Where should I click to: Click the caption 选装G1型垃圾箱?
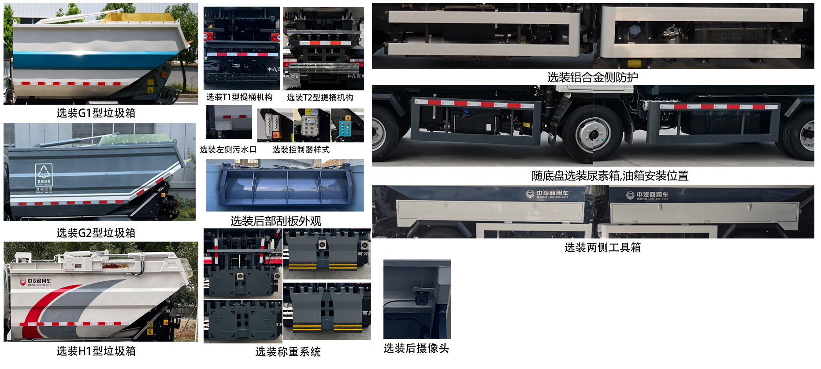pos(96,113)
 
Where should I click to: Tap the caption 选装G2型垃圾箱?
pos(96,233)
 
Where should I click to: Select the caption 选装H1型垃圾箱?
pos(96,351)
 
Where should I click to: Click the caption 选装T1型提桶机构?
pos(239,97)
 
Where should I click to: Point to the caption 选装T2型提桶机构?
pos(320,97)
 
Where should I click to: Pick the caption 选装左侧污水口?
pos(228,149)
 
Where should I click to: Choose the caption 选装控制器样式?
pos(301,149)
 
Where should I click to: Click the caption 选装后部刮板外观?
pos(276,221)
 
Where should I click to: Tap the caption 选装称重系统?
pos(288,352)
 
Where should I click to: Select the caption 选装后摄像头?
pos(416,348)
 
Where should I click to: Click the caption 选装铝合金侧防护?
pos(592,78)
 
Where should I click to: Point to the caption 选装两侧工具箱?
pos(602,248)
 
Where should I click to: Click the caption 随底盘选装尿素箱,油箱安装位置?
pos(610,176)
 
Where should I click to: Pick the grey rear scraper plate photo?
pos(285,185)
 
